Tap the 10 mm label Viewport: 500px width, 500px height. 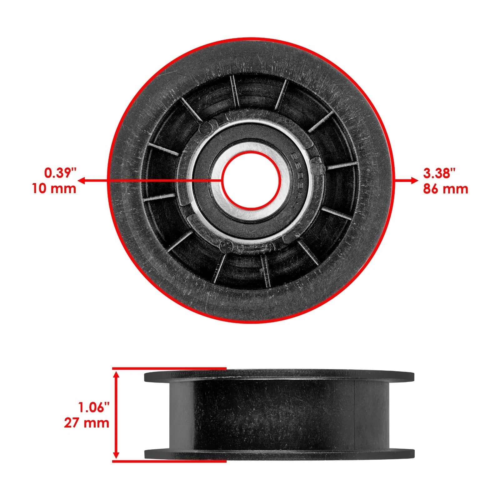[54, 189]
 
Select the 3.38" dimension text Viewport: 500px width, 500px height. [440, 172]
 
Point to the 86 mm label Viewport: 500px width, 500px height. [446, 189]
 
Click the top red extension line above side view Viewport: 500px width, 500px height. [169, 368]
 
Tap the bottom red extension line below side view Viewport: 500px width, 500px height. [169, 461]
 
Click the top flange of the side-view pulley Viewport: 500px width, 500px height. [279, 376]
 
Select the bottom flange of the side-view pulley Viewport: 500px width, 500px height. [279, 454]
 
